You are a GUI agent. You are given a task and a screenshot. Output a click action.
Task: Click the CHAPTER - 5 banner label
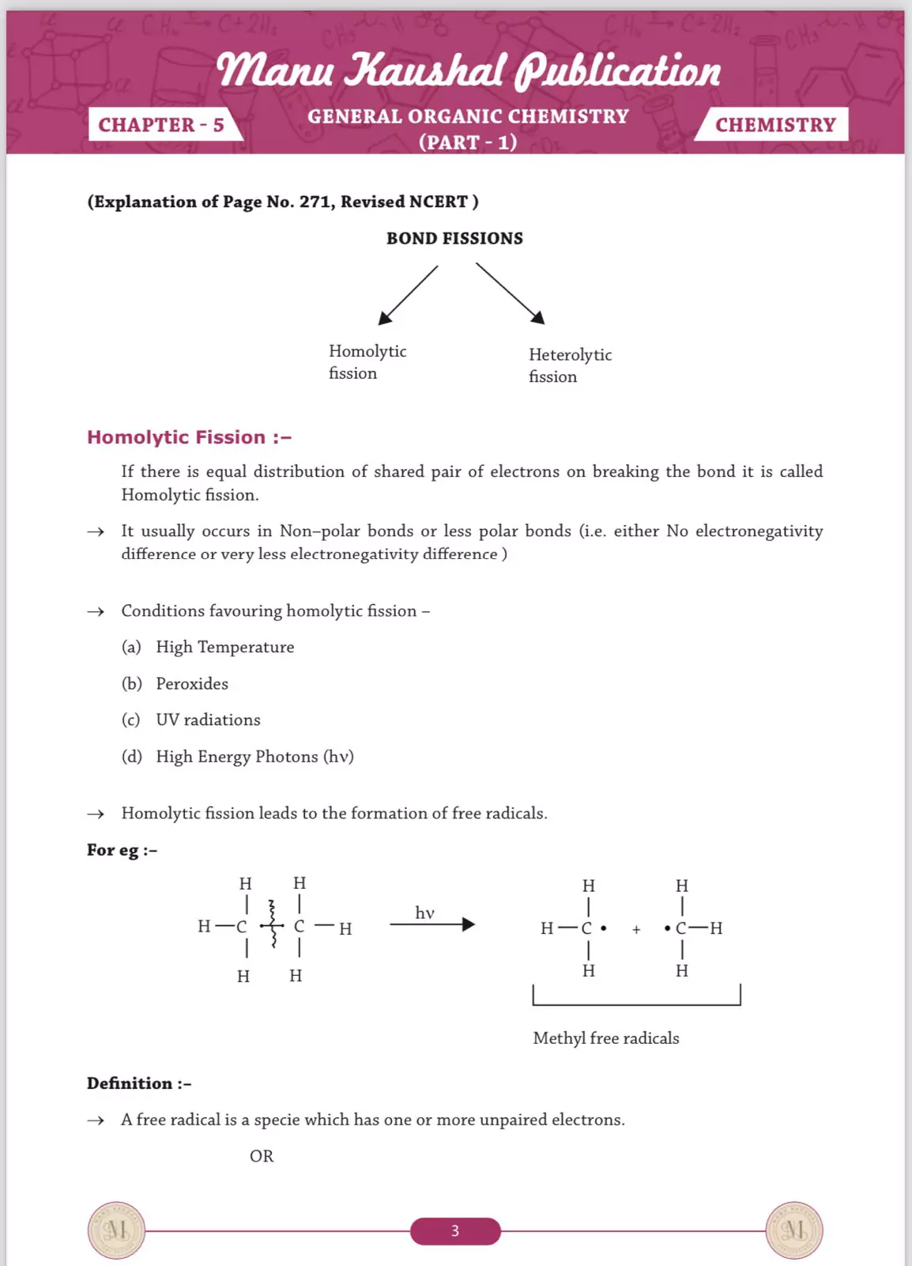(161, 125)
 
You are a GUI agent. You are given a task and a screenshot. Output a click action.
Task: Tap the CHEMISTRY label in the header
(774, 125)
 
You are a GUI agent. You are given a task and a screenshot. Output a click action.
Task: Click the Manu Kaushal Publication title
(469, 70)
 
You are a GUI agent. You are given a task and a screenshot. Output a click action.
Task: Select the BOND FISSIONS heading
(454, 239)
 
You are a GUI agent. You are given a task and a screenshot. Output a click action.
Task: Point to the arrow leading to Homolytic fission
(408, 295)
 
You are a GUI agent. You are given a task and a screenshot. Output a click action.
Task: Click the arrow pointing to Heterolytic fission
(511, 293)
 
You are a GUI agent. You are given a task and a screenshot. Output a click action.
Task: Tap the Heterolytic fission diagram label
(570, 365)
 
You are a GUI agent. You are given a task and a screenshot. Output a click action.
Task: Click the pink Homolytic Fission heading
(189, 437)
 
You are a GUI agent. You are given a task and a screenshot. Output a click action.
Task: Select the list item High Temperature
(224, 647)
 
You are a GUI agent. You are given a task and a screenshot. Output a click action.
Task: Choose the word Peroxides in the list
(192, 683)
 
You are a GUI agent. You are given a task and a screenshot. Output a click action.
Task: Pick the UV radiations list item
(208, 720)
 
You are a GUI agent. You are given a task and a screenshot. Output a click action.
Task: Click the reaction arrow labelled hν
(432, 924)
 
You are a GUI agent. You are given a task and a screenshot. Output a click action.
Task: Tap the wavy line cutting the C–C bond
(273, 924)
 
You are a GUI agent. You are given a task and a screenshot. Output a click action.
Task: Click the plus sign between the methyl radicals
(636, 930)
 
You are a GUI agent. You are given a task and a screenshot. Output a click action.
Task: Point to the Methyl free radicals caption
(606, 1038)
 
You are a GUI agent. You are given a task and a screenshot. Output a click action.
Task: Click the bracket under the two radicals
(636, 1003)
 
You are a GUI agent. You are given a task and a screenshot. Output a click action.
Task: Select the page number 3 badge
(455, 1230)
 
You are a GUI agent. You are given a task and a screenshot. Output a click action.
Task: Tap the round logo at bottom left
(116, 1230)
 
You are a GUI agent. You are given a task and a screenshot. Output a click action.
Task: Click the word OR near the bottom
(262, 1156)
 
